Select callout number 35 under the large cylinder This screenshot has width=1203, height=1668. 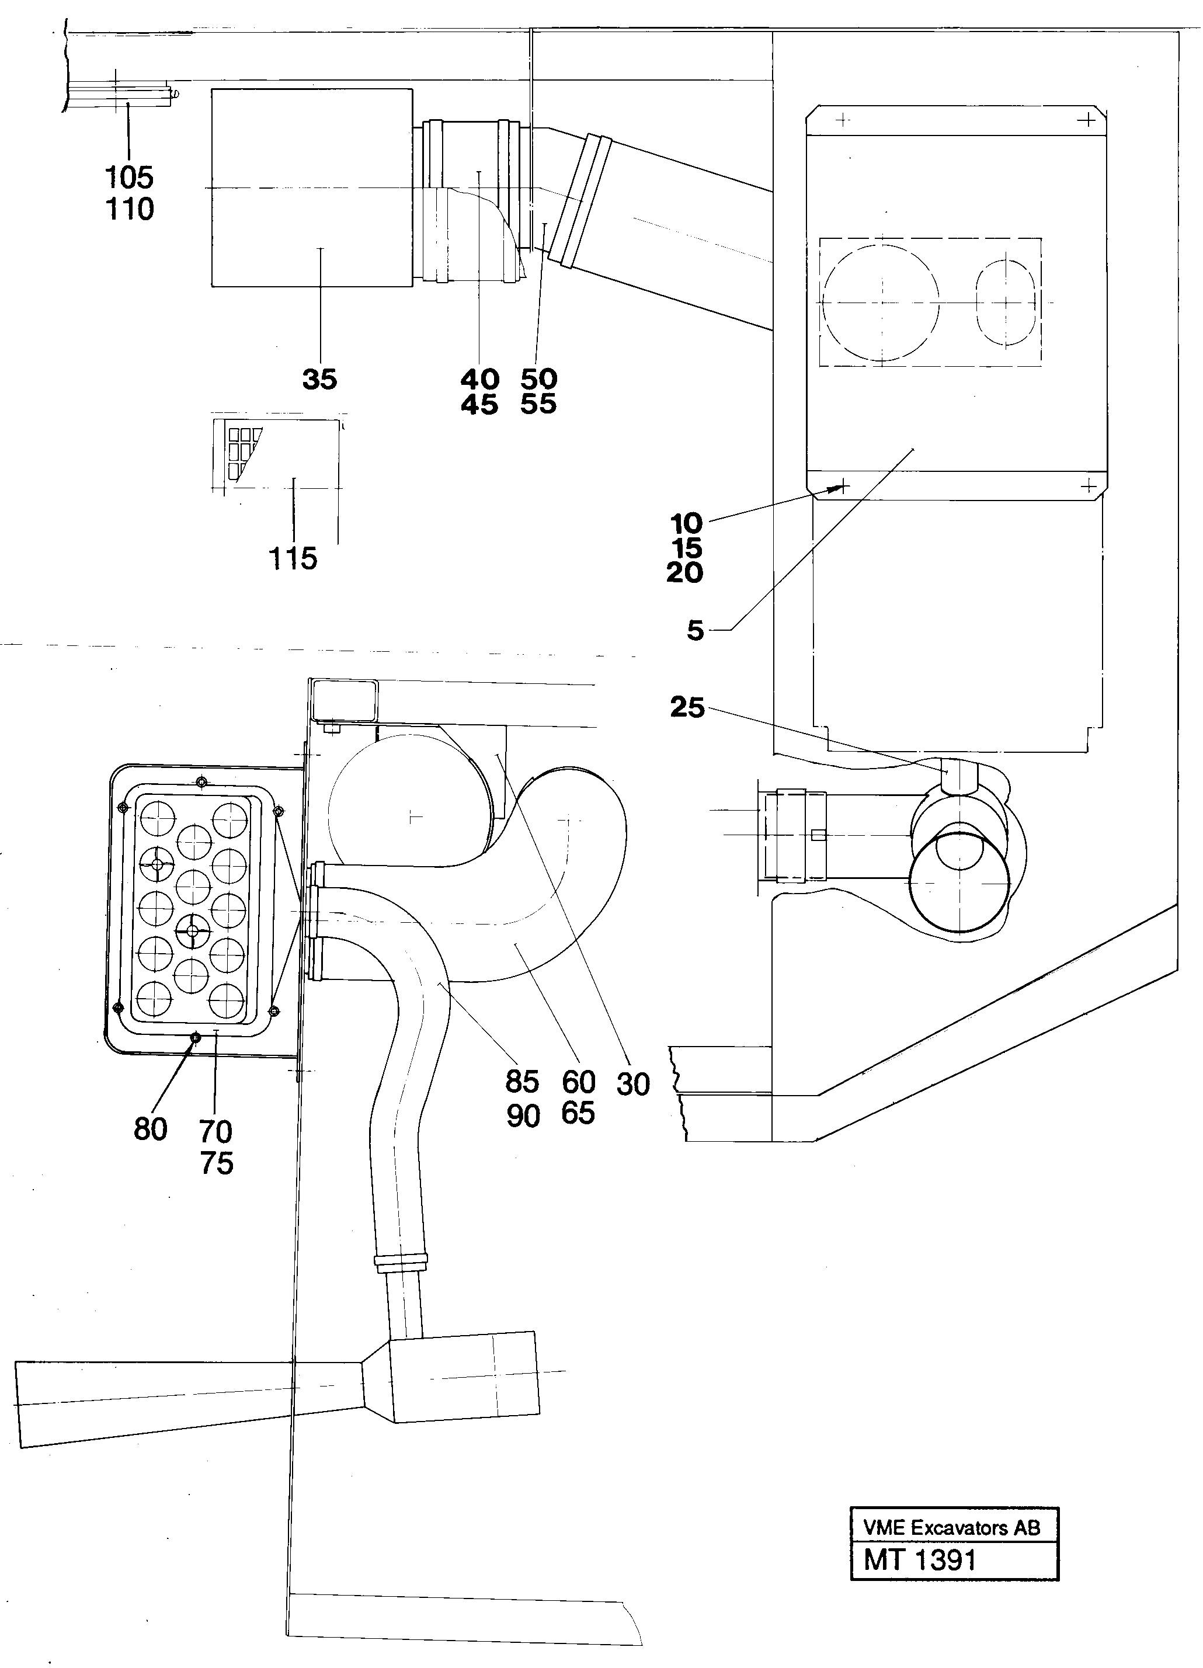319,380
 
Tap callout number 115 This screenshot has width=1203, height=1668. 293,559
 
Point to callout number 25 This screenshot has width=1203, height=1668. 687,707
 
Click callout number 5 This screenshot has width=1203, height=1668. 695,630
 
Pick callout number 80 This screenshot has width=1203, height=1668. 150,1129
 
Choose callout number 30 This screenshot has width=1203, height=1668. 633,1084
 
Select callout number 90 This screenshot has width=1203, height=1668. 523,1117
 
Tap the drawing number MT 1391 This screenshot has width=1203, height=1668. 920,1560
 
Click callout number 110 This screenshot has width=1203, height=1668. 130,210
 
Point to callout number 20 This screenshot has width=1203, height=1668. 684,573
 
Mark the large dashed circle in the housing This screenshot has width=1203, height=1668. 880,301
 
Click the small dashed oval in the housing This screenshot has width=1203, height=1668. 1006,301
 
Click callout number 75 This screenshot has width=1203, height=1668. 216,1163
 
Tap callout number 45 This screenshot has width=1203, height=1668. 479,405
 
